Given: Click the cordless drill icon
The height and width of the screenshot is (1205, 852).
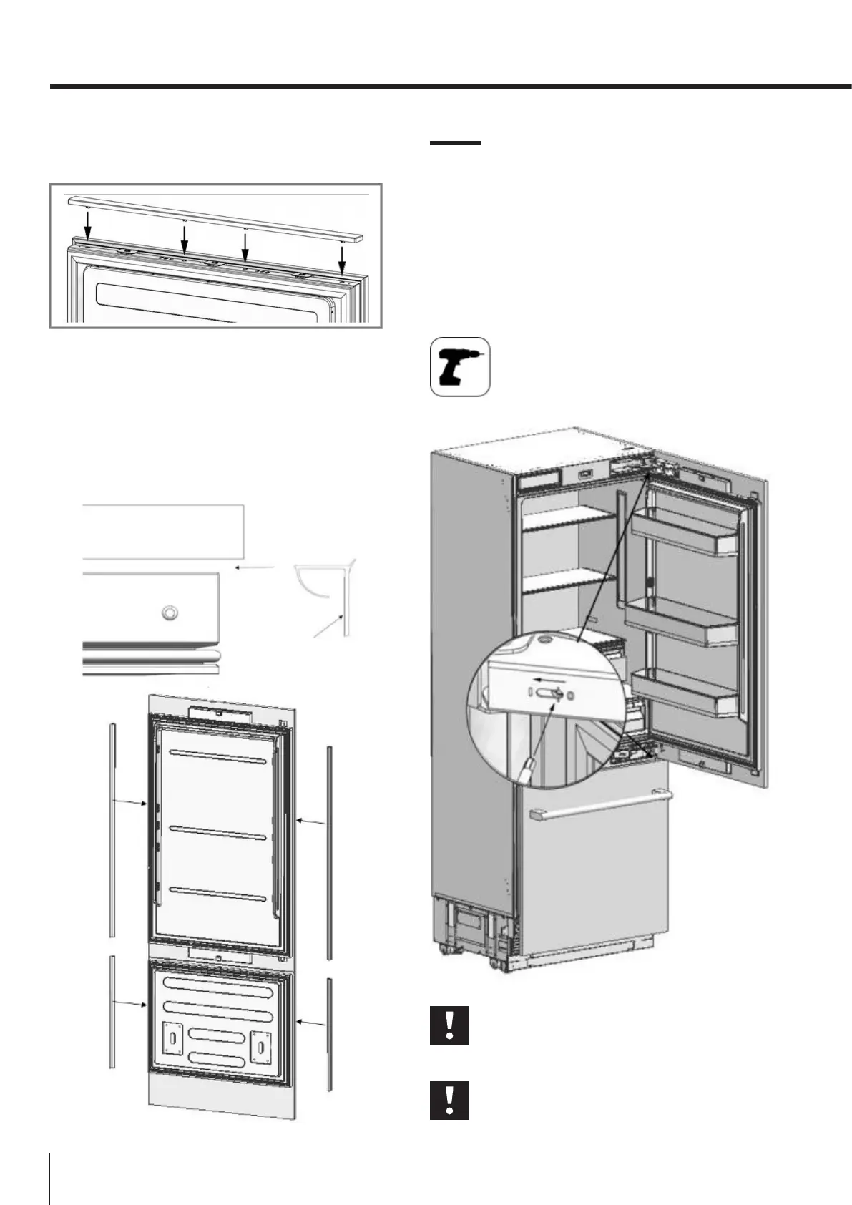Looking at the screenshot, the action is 459,366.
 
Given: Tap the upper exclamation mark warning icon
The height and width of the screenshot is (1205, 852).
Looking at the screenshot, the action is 449,1025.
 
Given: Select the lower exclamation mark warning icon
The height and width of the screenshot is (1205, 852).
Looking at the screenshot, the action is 449,1100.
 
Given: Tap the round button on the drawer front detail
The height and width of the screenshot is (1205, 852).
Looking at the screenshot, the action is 170,613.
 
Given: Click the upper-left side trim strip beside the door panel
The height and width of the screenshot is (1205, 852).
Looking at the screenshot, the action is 112,830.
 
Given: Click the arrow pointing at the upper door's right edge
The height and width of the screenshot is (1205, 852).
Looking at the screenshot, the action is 311,823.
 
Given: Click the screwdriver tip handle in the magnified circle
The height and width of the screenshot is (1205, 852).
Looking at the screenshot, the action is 527,772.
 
